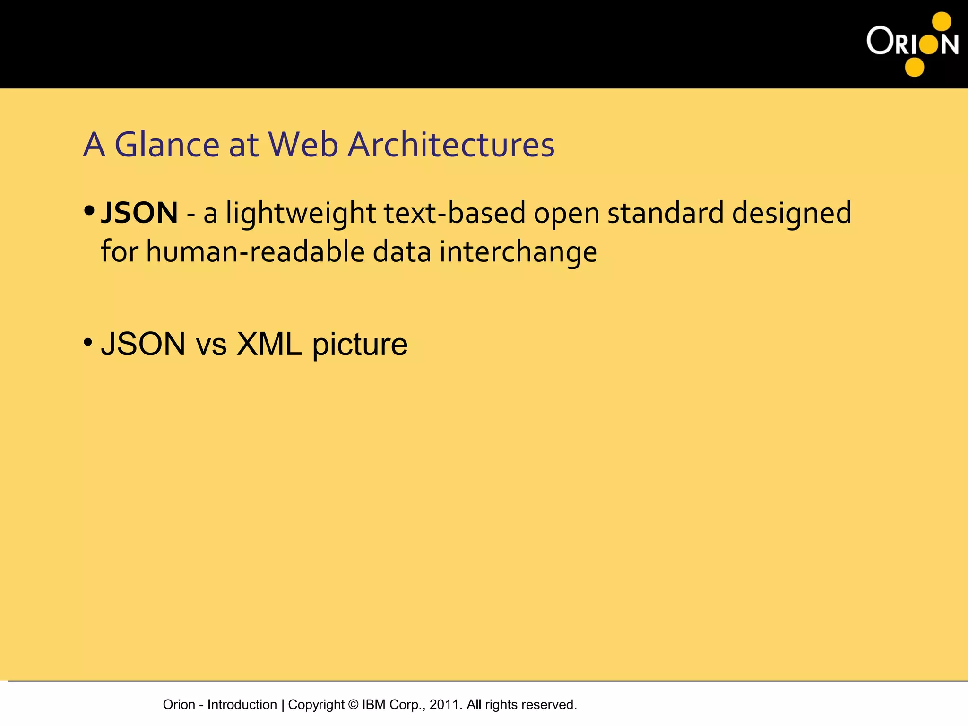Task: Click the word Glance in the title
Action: tap(167, 144)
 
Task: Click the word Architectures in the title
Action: tap(451, 144)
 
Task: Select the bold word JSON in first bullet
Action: tap(139, 213)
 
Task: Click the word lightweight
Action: tap(301, 214)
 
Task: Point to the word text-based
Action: tap(454, 213)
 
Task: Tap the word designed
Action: tap(792, 214)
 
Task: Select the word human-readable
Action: tap(255, 251)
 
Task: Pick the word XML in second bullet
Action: tap(269, 344)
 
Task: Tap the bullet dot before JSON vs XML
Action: tap(88, 342)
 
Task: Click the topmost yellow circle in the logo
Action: tap(941, 21)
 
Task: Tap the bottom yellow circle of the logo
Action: tap(914, 67)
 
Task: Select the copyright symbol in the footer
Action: tap(353, 705)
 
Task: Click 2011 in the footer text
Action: tap(444, 705)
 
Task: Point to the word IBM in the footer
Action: tap(375, 705)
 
